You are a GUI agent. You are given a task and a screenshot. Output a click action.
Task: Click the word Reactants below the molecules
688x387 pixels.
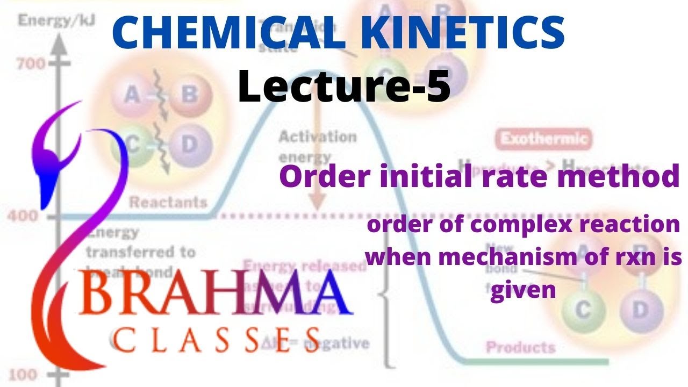168,203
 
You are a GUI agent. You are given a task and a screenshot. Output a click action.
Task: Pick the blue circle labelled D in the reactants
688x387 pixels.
188,144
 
